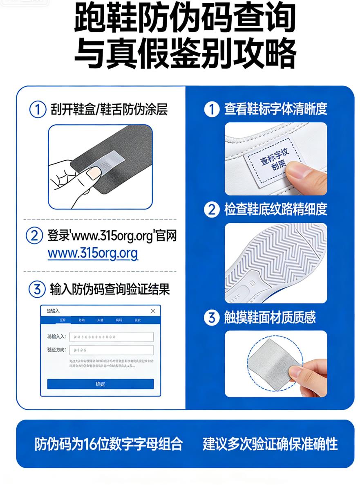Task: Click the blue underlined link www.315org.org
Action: pos(93,254)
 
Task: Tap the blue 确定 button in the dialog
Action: pos(100,384)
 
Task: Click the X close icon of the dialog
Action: pos(153,311)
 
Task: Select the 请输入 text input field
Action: pos(111,337)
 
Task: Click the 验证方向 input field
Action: pos(111,350)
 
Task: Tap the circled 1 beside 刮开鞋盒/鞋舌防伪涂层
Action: pos(38,110)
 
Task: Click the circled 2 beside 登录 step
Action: pos(34,236)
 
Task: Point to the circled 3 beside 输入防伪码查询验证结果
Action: pos(37,290)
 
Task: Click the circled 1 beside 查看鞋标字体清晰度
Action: pos(211,109)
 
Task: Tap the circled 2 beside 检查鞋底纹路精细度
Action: pos(211,210)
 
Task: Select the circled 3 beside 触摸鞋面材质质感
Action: pos(211,318)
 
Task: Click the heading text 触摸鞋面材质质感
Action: pos(270,318)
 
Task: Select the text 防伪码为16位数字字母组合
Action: pos(109,444)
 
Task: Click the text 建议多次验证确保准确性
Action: pos(270,444)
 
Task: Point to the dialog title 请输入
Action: pos(53,311)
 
